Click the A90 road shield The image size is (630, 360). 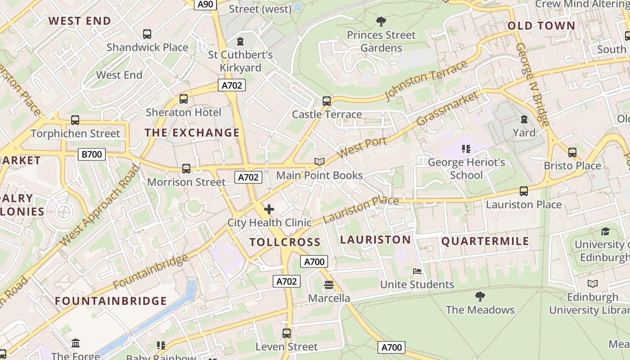coord(206,4)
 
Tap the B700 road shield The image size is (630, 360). coord(92,154)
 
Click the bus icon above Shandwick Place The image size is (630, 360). coord(147,34)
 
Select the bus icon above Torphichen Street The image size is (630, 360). coord(75,120)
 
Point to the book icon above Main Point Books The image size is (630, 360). coord(319,162)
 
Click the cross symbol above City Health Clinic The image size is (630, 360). coord(269,209)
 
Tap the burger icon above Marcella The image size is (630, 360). coord(329,285)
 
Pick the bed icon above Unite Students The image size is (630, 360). coord(417,271)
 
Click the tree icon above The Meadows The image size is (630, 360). coord(480,297)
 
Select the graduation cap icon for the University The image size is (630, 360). coord(605,231)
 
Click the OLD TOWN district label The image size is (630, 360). coord(541,26)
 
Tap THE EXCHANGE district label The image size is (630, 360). coord(192,132)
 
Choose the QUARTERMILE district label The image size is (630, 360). coord(485,241)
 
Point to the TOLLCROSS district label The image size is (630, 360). coord(285,242)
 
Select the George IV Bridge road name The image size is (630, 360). coord(532,85)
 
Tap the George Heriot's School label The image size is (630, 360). coord(466,168)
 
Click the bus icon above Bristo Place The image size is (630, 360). coord(572,153)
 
